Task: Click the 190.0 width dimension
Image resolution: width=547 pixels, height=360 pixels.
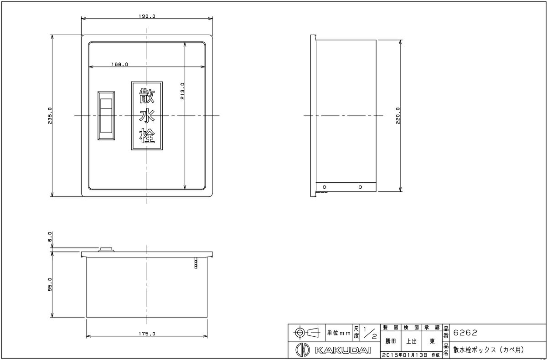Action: coord(147,16)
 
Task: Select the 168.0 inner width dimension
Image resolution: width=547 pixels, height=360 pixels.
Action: coord(119,64)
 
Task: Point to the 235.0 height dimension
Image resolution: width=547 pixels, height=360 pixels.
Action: coord(50,116)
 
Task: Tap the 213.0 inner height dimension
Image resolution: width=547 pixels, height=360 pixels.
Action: coord(182,91)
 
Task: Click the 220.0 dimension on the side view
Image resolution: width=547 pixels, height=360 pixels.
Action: coord(398,116)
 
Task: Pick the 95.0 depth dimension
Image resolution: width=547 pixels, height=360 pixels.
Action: coord(50,285)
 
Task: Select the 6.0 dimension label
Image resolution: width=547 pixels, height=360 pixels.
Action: coord(50,237)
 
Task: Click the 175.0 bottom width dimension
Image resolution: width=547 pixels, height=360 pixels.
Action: coord(147,334)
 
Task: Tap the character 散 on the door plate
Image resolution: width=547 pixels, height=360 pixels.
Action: coord(147,96)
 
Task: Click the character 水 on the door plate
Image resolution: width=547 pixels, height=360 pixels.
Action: coord(147,115)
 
